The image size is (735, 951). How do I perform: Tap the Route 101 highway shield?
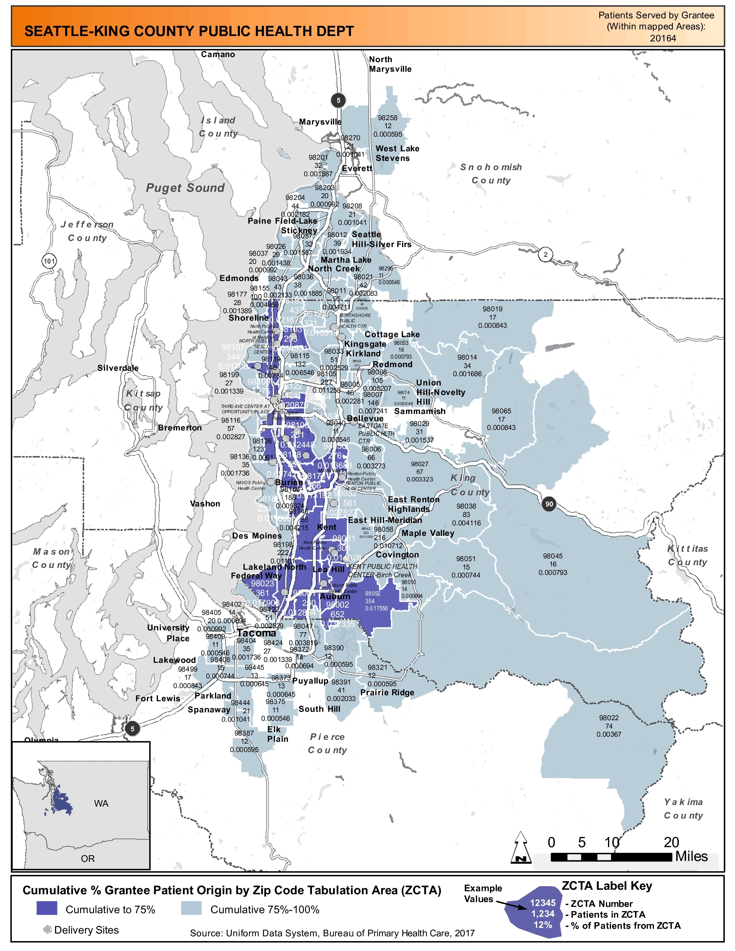click(49, 261)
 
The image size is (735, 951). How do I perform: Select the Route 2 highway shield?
click(545, 255)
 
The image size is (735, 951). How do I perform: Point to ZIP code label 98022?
click(609, 718)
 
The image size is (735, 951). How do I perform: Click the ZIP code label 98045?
click(552, 556)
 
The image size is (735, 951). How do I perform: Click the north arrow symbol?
click(521, 847)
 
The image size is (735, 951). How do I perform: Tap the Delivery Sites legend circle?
click(47, 930)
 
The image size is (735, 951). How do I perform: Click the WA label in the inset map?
click(101, 803)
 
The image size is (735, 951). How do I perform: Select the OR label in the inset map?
click(87, 859)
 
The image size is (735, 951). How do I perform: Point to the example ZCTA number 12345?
click(543, 903)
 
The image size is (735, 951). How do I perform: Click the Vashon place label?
click(205, 504)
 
